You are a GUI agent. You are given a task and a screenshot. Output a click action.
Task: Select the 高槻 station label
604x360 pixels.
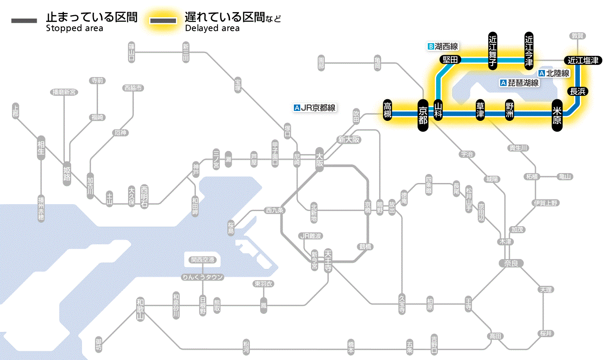coord(387,111)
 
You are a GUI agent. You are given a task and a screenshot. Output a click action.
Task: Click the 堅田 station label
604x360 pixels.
coord(450,60)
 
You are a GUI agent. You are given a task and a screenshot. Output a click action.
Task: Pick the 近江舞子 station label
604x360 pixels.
coord(493,50)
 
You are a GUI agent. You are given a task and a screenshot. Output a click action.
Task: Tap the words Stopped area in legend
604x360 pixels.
coord(74,28)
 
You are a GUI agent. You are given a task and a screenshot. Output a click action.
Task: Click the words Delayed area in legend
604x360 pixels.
coord(212,28)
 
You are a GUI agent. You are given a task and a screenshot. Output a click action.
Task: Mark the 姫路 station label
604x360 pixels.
coord(67,174)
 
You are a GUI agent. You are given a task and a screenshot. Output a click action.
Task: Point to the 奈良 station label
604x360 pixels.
coord(510,263)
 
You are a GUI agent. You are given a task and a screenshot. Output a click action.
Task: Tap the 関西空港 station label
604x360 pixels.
coord(203,260)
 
